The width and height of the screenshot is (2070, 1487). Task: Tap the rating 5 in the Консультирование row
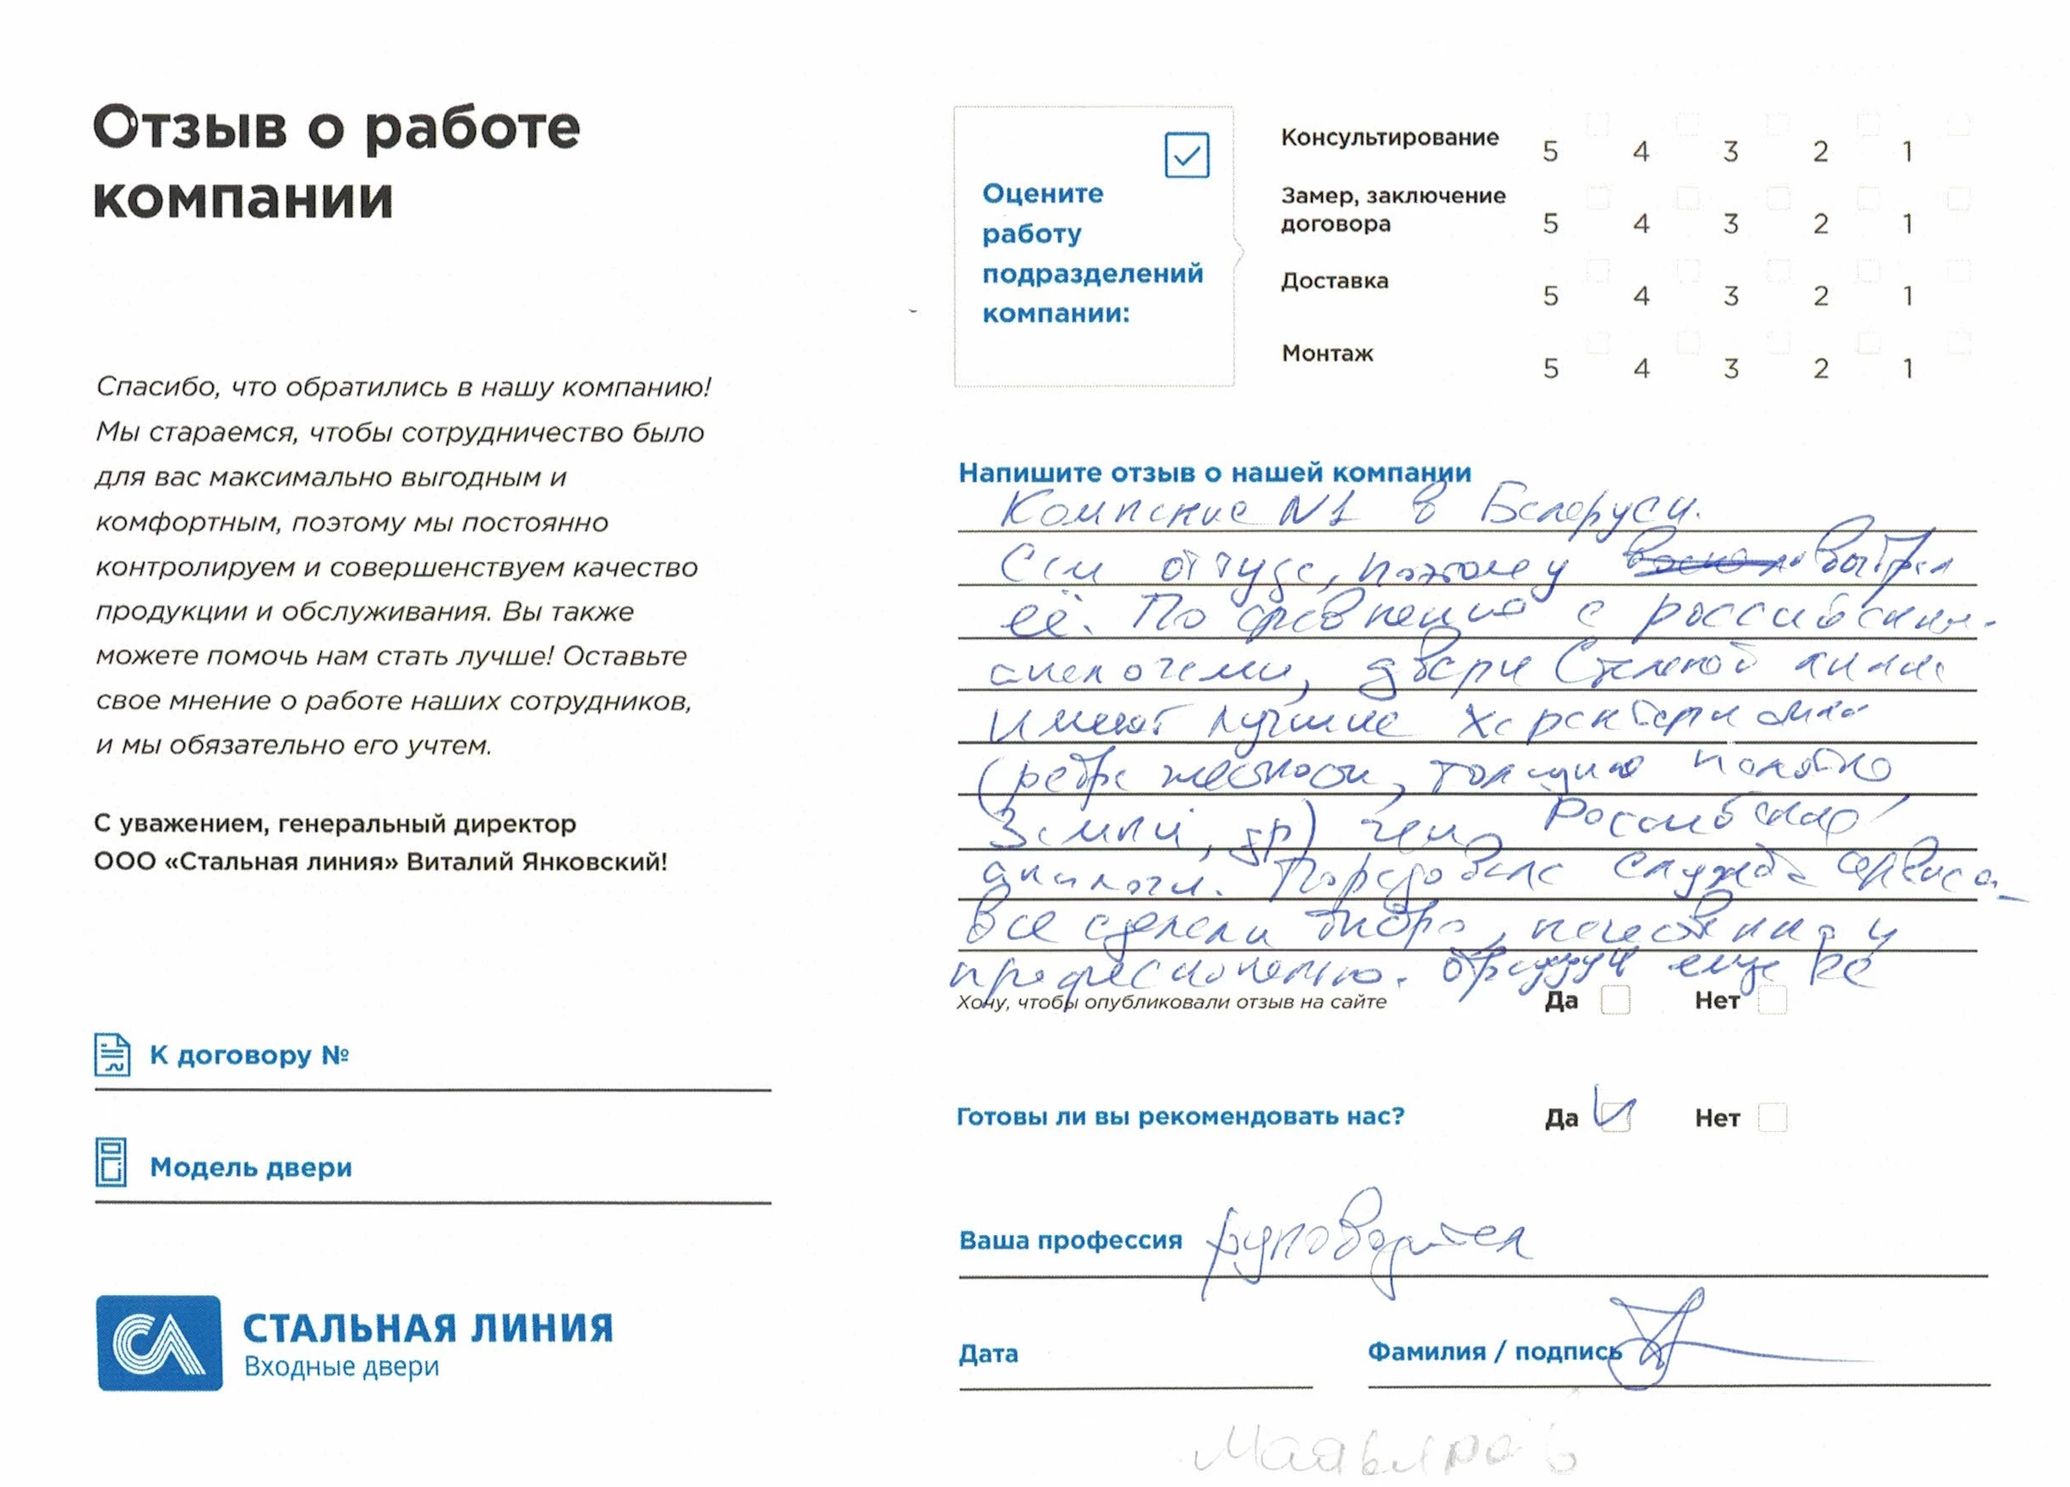coord(1551,151)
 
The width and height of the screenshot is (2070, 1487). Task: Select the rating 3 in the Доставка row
coord(1730,296)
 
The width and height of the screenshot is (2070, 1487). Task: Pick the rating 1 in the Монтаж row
coord(1908,369)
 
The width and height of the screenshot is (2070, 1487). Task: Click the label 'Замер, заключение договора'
coord(1393,209)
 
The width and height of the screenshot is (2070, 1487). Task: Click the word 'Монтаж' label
coord(1327,353)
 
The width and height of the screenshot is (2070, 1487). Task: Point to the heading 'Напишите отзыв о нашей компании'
coord(1214,473)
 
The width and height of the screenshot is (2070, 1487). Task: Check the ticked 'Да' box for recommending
coord(1615,1117)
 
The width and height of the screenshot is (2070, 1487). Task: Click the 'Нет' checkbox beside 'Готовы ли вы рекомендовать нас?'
coord(1772,1118)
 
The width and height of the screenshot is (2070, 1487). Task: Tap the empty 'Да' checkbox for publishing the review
coord(1615,1000)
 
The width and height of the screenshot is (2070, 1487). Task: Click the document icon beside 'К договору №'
coord(112,1054)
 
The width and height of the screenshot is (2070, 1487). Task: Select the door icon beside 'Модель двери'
coord(112,1162)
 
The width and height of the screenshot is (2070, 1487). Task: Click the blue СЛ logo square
coord(160,1342)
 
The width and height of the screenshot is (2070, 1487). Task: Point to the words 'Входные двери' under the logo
coord(341,1366)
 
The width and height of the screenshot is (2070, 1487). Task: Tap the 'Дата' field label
coord(987,1353)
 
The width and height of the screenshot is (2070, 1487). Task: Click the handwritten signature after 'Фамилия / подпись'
coord(1661,1342)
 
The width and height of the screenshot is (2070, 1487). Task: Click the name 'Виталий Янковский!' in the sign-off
coord(537,861)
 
